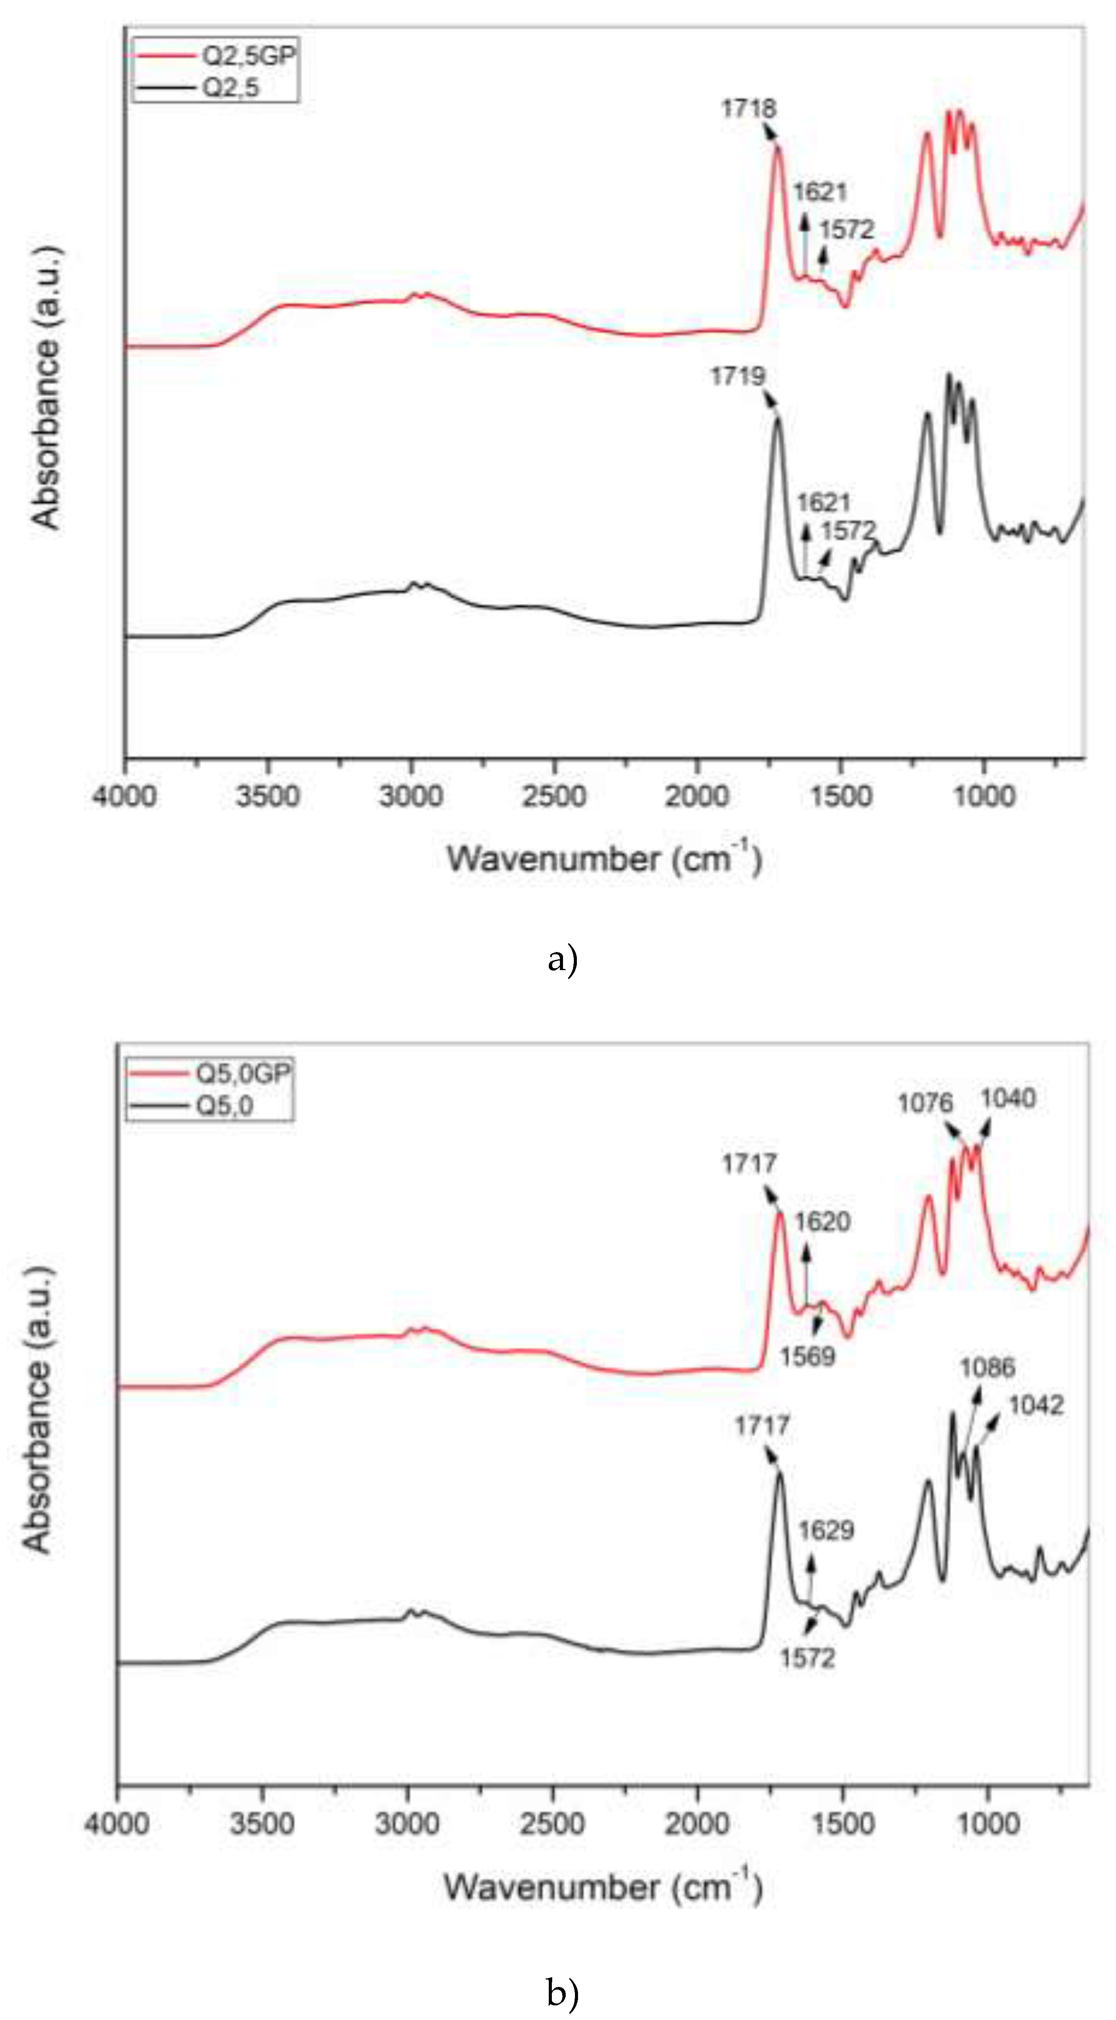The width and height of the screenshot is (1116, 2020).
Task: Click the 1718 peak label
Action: [749, 108]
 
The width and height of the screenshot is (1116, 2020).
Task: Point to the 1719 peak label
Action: [737, 376]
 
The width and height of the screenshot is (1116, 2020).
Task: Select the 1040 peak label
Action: [1008, 1098]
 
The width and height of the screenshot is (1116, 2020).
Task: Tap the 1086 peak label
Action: [987, 1368]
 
